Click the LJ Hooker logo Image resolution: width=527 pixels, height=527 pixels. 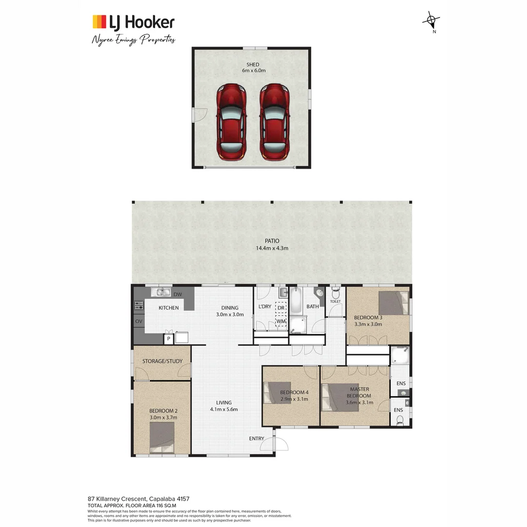click(x=133, y=22)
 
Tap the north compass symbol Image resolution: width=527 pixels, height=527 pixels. click(x=431, y=20)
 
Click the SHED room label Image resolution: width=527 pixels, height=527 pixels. click(x=252, y=64)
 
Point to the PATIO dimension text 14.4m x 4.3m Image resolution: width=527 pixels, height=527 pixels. click(x=272, y=248)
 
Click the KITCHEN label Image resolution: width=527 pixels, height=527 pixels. click(x=168, y=308)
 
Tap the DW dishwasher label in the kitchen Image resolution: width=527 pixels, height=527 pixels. click(x=178, y=294)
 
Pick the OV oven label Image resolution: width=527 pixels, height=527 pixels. click(x=139, y=322)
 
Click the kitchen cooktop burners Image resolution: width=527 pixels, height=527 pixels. click(x=139, y=306)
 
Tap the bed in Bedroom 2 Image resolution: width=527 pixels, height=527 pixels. click(x=162, y=438)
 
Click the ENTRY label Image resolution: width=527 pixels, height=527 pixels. click(x=257, y=438)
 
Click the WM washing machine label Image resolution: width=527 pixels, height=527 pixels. click(x=281, y=322)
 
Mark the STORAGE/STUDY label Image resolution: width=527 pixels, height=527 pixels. click(x=162, y=361)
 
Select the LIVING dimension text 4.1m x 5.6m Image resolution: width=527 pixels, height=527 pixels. click(x=223, y=409)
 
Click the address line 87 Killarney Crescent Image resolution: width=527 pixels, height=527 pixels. click(x=139, y=499)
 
